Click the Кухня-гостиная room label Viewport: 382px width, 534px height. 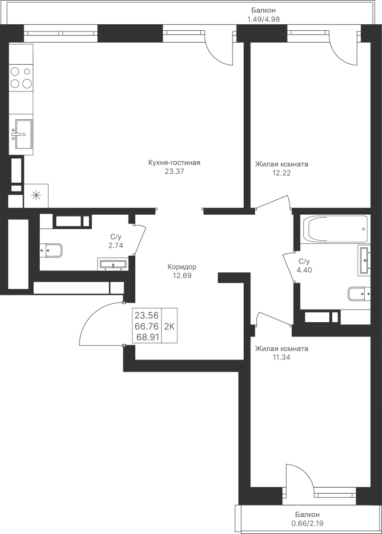click(174, 163)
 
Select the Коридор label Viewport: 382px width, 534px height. click(182, 266)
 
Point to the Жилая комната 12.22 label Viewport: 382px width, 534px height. click(281, 164)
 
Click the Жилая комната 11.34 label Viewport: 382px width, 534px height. click(281, 349)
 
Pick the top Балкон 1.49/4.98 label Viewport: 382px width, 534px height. click(263, 11)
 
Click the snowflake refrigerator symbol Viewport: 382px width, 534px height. click(36, 195)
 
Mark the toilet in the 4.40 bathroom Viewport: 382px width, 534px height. click(359, 293)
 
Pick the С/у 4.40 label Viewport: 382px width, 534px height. click(304, 265)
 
